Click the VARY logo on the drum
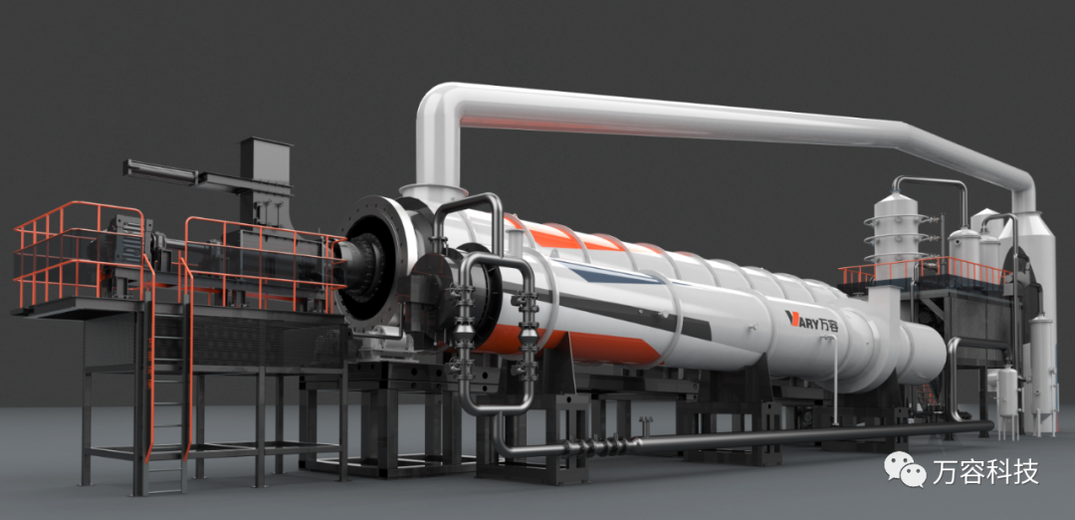click(812, 319)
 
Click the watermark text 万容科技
click(985, 471)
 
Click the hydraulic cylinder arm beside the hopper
click(161, 172)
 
